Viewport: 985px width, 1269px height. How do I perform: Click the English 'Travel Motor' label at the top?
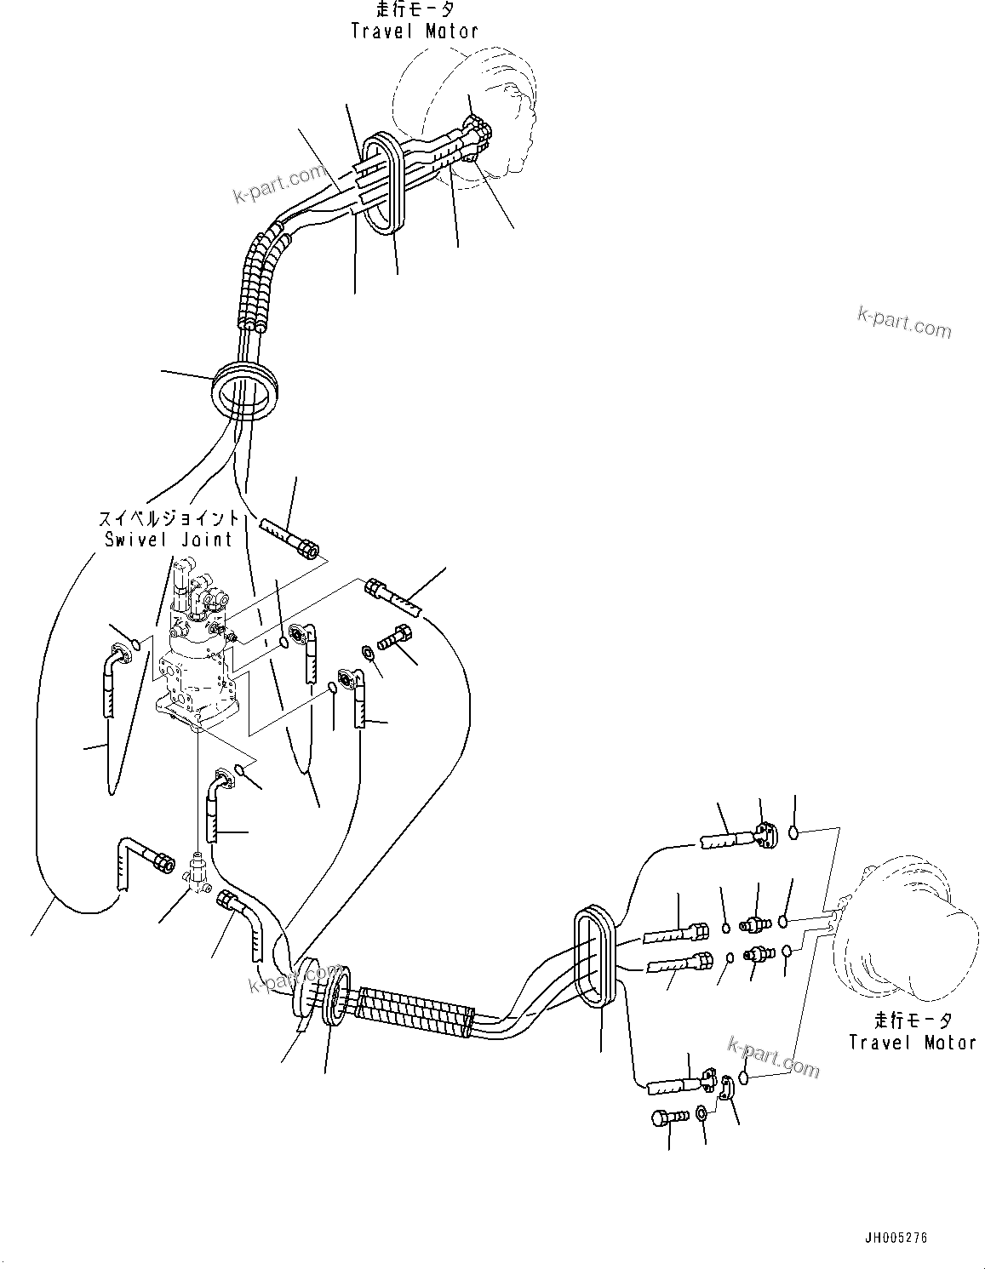pos(415,31)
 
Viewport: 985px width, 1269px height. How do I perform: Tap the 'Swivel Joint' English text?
pos(169,539)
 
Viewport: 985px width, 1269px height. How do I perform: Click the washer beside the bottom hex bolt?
pos(700,1114)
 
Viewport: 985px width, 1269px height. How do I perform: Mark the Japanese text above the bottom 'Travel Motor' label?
pos(912,1020)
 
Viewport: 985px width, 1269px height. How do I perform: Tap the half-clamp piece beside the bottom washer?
pos(727,1089)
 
